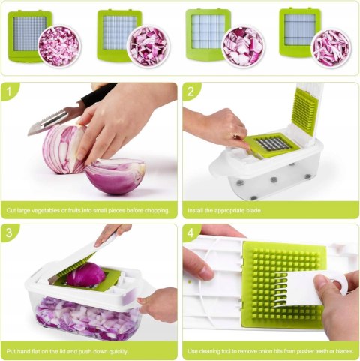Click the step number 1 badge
(9, 92)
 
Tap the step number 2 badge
(190, 92)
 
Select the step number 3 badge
(9, 233)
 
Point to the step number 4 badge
(190, 233)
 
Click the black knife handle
(99, 95)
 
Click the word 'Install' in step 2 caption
(195, 210)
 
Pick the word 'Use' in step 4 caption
(193, 351)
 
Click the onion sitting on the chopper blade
(85, 275)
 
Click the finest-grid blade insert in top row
(29, 35)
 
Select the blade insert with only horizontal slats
(300, 32)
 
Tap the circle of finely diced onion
(59, 46)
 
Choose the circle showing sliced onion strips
(331, 48)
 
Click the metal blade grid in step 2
(272, 144)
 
